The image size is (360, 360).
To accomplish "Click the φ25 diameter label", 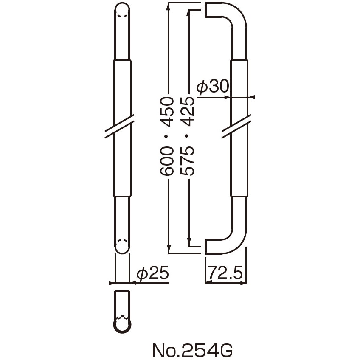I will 153,273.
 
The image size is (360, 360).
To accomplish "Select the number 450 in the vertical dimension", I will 169,111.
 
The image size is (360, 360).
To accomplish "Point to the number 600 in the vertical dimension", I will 169,161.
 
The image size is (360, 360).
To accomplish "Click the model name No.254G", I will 192,350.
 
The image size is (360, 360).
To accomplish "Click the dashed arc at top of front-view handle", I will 122,16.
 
